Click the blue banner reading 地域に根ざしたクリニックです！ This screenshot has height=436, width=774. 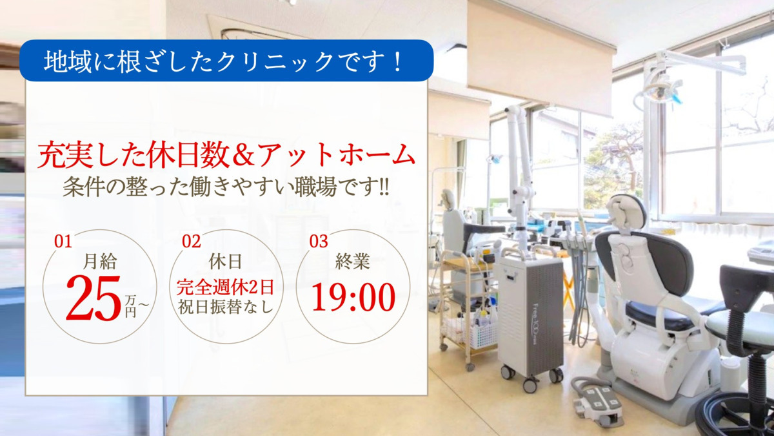(x=226, y=61)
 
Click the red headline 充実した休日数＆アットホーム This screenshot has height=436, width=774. (x=226, y=156)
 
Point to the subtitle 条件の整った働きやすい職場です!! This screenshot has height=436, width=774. (x=226, y=187)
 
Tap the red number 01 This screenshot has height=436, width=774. (x=63, y=242)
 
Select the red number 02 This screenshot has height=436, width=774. (x=192, y=242)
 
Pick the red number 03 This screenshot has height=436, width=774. (x=319, y=242)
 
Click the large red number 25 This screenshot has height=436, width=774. (x=93, y=298)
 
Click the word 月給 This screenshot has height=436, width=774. (x=100, y=262)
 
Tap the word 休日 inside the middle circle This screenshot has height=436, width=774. (x=225, y=262)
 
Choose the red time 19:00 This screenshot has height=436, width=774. (x=353, y=297)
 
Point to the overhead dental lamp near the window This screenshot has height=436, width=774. (x=658, y=90)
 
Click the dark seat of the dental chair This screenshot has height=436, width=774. (x=658, y=313)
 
